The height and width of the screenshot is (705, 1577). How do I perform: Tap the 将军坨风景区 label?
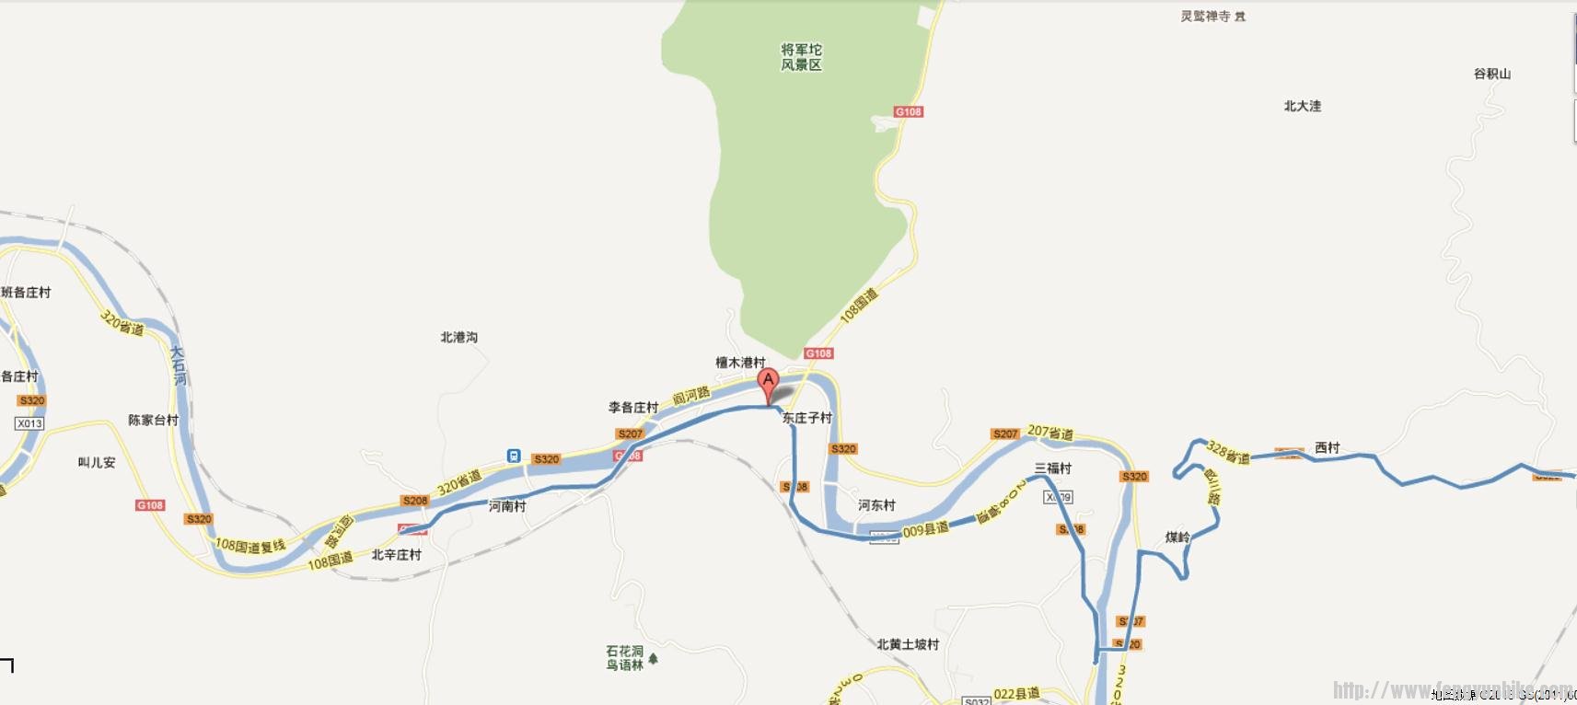point(801,57)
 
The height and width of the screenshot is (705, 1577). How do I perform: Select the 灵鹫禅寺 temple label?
point(1206,17)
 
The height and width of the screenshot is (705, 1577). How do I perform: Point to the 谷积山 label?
point(1492,74)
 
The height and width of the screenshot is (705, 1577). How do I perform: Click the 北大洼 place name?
point(1303,106)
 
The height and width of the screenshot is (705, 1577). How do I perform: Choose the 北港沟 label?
point(459,338)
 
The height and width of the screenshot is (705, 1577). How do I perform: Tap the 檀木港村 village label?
point(740,363)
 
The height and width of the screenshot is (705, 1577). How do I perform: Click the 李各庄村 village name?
point(633,407)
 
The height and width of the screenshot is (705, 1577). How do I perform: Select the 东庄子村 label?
point(807,418)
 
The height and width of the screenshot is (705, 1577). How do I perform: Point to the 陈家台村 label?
point(153,421)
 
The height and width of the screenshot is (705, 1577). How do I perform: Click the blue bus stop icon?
point(514,456)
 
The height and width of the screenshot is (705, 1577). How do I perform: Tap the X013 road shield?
point(29,423)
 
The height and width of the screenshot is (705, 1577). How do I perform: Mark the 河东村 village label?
point(876,505)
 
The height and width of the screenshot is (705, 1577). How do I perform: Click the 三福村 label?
point(1053,468)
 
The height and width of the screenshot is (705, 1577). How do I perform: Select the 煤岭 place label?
point(1177,537)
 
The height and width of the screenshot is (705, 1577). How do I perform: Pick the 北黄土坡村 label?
point(908,644)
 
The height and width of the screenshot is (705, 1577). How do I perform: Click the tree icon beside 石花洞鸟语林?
point(654,659)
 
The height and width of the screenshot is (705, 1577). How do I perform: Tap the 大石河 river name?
point(179,365)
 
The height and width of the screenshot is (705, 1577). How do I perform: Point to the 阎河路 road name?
point(691,396)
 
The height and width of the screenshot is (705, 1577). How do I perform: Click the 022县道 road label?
point(1016,693)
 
